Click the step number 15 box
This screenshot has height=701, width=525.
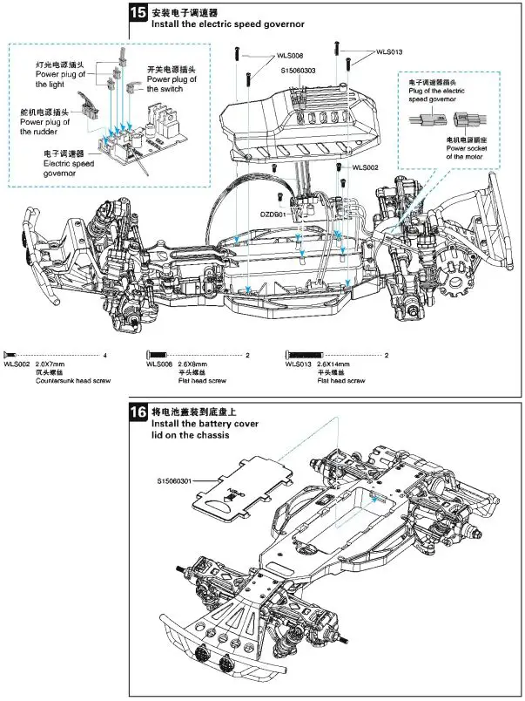point(138,13)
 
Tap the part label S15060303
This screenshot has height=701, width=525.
point(299,70)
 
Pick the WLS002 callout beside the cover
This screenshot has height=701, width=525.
point(367,166)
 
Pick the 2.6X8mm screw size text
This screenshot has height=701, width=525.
point(193,364)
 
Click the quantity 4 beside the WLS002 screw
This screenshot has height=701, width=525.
point(104,355)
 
